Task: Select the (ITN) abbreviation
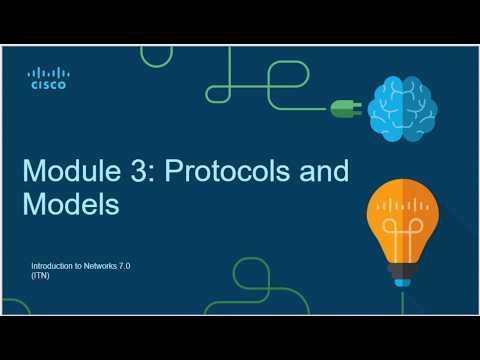coord(40,276)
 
